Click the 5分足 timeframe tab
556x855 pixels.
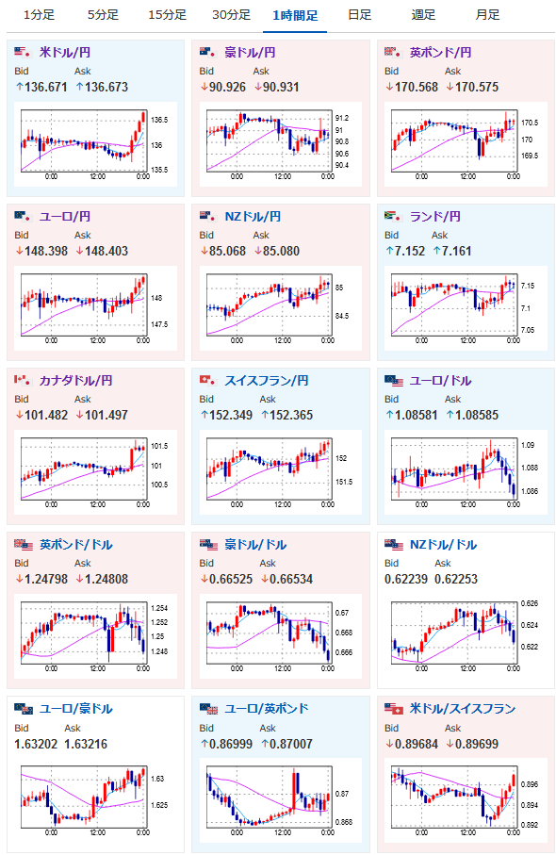pos(103,15)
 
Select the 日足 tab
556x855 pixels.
pos(360,15)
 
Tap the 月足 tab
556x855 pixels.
pos(487,15)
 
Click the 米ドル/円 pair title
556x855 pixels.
pos(65,53)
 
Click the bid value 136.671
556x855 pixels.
pos(46,88)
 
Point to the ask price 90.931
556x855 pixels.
pos(281,88)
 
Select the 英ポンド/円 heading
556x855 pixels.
pos(440,53)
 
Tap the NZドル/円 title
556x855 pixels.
pos(253,217)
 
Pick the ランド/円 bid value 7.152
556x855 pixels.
pos(410,252)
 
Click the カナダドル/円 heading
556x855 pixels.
pos(75,381)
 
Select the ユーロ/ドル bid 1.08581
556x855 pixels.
pos(417,416)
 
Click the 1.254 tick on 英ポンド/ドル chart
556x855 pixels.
pos(159,608)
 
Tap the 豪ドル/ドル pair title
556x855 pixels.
pos(255,545)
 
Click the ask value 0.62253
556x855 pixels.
pos(456,580)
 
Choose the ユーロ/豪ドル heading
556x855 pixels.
pos(75,709)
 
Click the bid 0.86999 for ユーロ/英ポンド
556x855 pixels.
pos(231,745)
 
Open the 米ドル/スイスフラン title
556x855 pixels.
pos(463,709)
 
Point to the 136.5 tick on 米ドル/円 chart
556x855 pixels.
pos(159,120)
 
